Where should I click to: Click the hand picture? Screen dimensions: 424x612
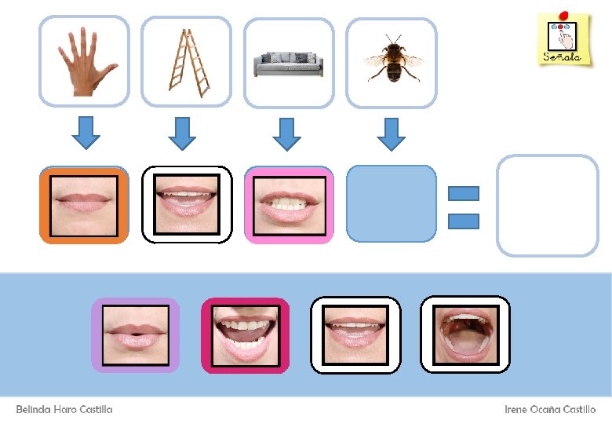pos(84,62)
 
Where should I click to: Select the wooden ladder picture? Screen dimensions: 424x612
pos(187,62)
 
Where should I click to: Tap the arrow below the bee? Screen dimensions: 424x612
pos(391,132)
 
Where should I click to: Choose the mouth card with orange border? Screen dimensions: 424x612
pos(84,204)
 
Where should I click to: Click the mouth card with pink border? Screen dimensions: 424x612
pos(289,204)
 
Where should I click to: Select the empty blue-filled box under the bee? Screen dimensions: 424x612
pos(391,204)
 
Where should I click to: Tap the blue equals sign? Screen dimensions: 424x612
pos(463,207)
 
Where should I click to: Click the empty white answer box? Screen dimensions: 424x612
pos(548,206)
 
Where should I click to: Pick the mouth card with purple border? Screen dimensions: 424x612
pos(135,335)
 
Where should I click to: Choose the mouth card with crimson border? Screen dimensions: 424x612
pos(246,335)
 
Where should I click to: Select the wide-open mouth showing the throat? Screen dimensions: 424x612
pos(465,335)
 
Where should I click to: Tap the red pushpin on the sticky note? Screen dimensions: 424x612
pos(563,13)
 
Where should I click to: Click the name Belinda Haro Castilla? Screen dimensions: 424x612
pos(64,410)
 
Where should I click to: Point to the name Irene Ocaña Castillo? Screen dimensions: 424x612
pos(550,410)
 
